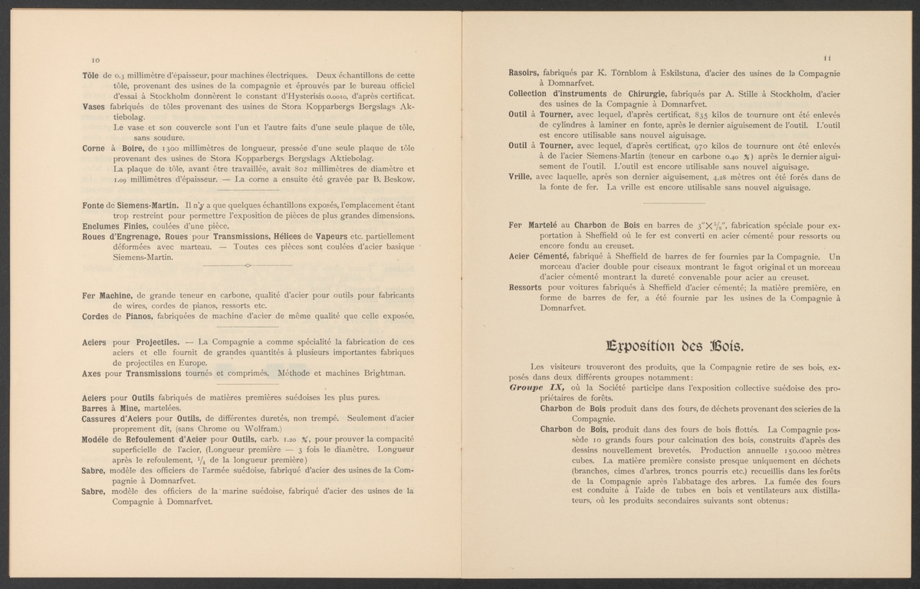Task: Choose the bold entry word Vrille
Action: click(522, 176)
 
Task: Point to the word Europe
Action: click(192, 362)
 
